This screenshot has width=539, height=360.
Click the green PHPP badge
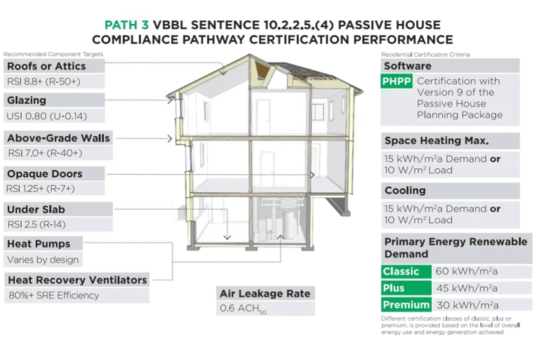[397, 81]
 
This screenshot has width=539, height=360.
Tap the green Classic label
[401, 272]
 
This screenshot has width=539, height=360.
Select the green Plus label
[394, 288]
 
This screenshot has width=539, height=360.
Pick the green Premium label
[406, 305]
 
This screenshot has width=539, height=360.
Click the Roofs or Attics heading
[46, 66]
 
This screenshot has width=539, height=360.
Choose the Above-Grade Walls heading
[58, 138]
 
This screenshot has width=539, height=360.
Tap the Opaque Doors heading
[45, 174]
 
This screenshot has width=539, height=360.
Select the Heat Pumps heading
[39, 244]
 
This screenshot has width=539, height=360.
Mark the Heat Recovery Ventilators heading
[77, 280]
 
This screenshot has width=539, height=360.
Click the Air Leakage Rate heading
[265, 293]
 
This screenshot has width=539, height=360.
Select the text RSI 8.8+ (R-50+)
[44, 81]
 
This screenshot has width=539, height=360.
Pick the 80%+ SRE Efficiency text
[53, 295]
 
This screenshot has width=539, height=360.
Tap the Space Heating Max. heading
[436, 140]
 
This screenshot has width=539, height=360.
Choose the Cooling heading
[405, 190]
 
